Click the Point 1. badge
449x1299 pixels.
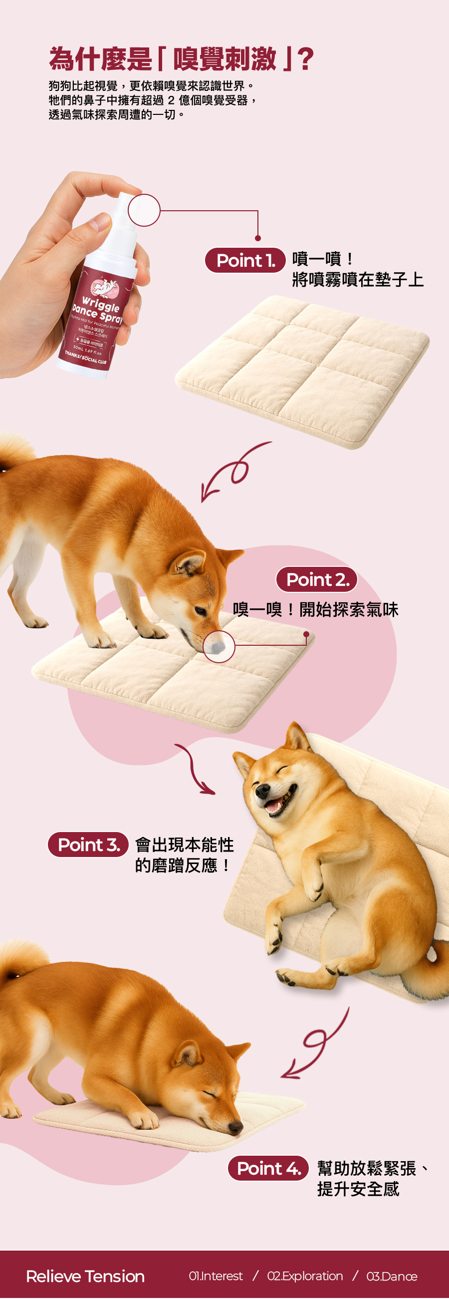(x=245, y=260)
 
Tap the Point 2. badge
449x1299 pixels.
(x=317, y=579)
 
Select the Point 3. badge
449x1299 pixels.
(x=88, y=844)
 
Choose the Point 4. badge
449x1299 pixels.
(x=268, y=1168)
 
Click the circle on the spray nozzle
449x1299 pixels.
(x=144, y=210)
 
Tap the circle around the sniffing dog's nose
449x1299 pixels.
(x=219, y=646)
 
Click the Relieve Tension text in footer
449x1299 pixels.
(x=85, y=1276)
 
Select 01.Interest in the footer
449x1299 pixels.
(x=216, y=1276)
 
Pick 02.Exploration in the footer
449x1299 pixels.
(x=305, y=1276)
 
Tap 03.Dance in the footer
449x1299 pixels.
(x=392, y=1276)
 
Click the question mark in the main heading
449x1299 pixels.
(x=305, y=59)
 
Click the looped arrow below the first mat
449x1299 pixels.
(x=234, y=471)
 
